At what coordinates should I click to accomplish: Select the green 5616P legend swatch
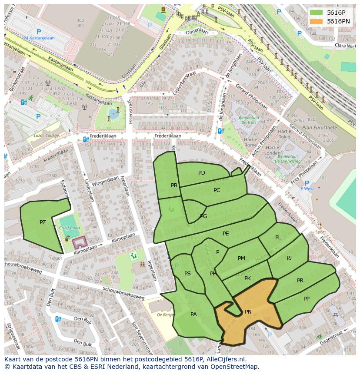tap(317, 13)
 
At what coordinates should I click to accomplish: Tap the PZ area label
tap(43, 222)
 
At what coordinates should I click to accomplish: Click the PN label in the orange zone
tap(248, 312)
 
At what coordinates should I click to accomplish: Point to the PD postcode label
tap(202, 173)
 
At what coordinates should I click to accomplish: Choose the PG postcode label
tap(203, 216)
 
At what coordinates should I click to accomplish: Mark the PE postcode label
tap(226, 234)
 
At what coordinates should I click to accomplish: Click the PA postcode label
tap(193, 314)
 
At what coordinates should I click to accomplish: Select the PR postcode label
tap(300, 281)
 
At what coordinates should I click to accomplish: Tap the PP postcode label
tap(307, 299)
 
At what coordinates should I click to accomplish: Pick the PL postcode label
tap(278, 238)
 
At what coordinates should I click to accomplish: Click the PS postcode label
tap(187, 274)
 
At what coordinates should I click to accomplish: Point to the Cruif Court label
tap(70, 228)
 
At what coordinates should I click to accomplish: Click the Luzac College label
tap(46, 136)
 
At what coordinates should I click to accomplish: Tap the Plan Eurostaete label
tap(320, 128)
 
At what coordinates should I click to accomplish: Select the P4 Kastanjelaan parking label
tap(39, 38)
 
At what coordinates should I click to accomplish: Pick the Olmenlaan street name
tap(197, 31)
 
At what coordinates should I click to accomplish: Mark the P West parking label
tap(307, 189)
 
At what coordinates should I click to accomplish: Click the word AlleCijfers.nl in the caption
tap(225, 359)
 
